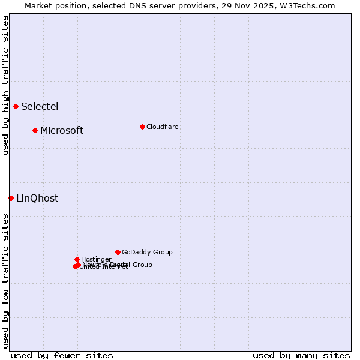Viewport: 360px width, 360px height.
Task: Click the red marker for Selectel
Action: [x=16, y=107]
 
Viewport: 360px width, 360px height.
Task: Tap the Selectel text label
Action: [x=40, y=107]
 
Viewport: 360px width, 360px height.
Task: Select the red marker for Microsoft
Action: [x=35, y=131]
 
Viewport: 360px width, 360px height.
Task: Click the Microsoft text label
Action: [x=62, y=131]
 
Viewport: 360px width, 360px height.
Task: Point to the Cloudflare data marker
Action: [x=142, y=127]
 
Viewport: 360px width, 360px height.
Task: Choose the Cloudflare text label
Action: [x=163, y=127]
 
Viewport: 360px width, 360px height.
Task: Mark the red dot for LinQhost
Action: [x=11, y=198]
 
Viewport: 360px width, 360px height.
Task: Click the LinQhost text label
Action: [x=37, y=199]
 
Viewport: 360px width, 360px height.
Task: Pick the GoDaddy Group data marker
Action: [x=118, y=252]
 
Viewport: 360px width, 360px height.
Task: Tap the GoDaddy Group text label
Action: [x=147, y=253]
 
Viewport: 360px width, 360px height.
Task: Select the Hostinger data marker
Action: [x=77, y=259]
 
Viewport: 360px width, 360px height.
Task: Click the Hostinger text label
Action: [x=96, y=260]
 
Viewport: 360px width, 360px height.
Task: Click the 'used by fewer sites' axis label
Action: [x=62, y=356]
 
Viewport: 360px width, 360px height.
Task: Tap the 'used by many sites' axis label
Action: [x=301, y=356]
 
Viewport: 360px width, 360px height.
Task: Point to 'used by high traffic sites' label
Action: [x=5, y=85]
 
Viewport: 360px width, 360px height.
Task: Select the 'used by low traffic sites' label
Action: [x=5, y=281]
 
